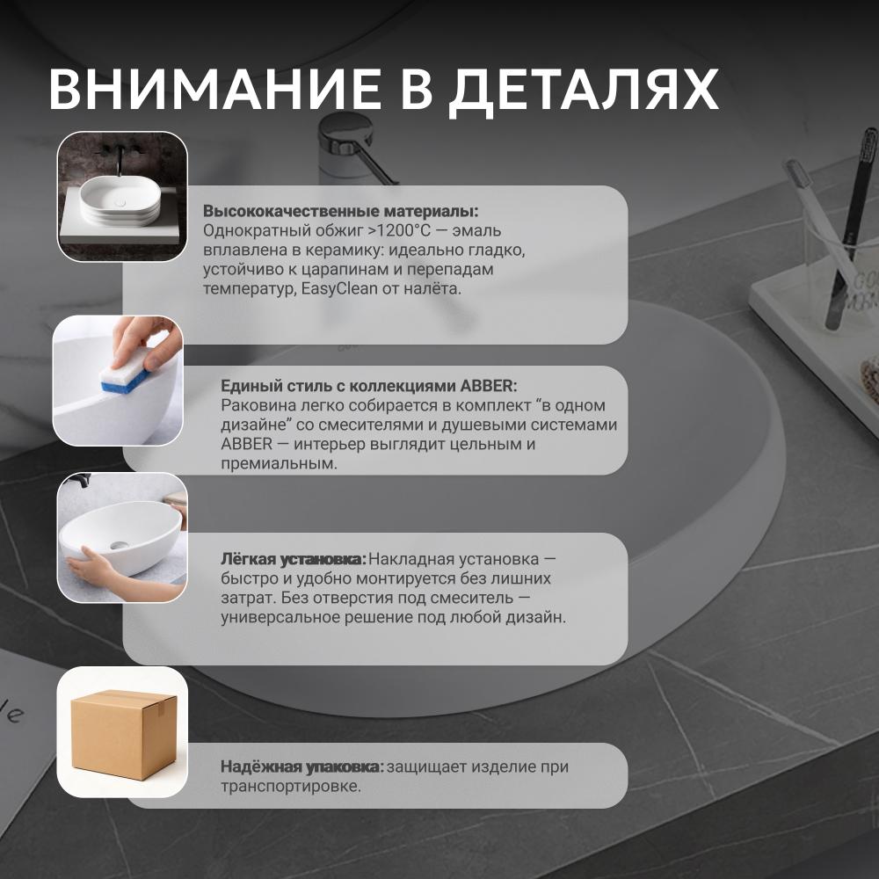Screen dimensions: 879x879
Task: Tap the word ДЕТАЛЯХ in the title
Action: [585, 91]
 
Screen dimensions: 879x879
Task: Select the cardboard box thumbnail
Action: [122, 732]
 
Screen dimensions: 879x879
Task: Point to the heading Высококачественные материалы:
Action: [341, 211]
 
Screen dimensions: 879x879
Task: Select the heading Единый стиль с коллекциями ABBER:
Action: [369, 386]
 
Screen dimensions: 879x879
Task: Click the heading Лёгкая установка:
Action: [294, 559]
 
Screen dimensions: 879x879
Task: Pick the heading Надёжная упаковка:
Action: [302, 766]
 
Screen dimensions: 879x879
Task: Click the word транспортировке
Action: [291, 787]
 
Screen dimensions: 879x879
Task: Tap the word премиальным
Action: [280, 464]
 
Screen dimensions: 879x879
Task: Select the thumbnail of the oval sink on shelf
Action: [122, 197]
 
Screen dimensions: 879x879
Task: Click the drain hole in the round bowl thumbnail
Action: [119, 544]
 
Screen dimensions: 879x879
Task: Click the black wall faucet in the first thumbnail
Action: [119, 158]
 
